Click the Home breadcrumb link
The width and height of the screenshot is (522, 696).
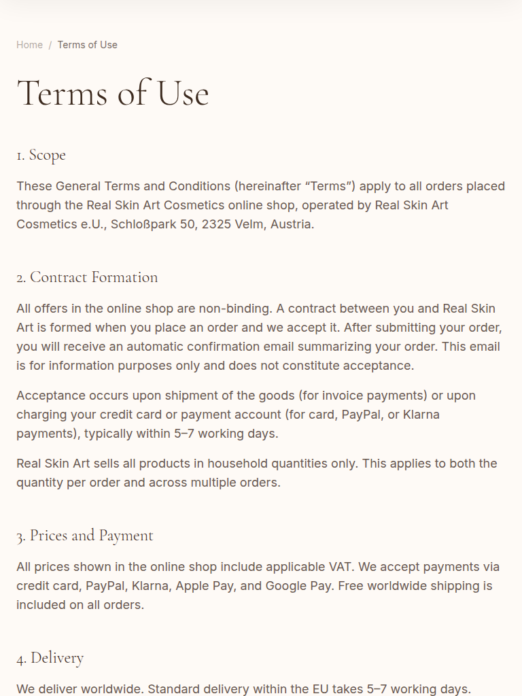[29, 45]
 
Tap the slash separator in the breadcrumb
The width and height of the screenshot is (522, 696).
[50, 45]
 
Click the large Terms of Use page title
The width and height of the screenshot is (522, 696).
[113, 93]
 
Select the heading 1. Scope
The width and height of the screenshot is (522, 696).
[41, 155]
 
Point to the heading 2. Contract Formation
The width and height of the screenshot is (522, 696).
[87, 277]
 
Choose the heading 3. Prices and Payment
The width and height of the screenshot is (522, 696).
[85, 536]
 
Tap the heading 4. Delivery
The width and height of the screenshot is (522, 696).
[50, 658]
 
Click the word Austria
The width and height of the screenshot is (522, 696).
[292, 224]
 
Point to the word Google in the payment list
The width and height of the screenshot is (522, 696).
[288, 586]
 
